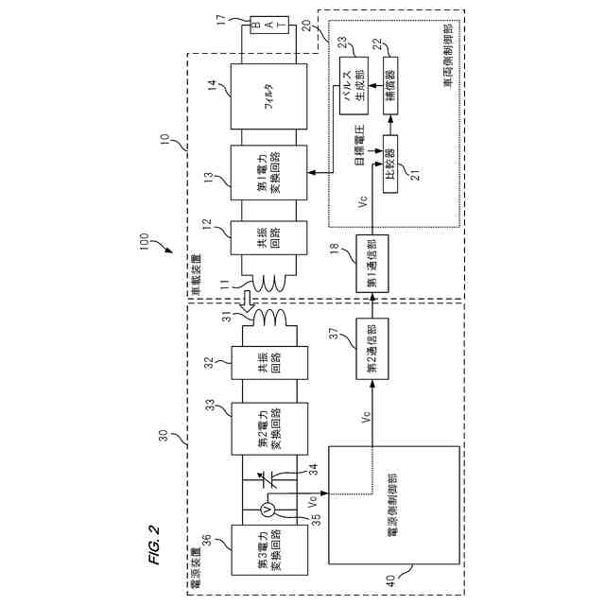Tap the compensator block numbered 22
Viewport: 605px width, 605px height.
[389, 85]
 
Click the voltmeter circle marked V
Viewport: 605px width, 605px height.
[268, 509]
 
